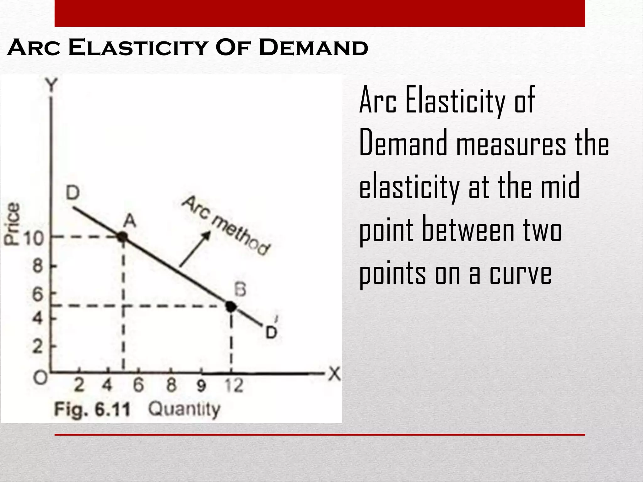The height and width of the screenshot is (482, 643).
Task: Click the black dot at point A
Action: [122, 237]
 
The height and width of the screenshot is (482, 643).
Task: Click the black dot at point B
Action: [231, 306]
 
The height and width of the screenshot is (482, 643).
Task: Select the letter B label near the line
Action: [240, 289]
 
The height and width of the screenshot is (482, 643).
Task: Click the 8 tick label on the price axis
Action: [37, 267]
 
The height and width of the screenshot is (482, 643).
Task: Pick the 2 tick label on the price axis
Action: [37, 347]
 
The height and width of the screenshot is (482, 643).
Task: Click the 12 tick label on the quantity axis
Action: [234, 386]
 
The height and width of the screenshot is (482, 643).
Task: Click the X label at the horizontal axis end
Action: [335, 374]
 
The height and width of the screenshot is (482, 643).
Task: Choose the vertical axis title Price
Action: [12, 223]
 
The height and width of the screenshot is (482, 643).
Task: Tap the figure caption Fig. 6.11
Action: [92, 410]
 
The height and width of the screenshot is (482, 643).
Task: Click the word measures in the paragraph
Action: [511, 144]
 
